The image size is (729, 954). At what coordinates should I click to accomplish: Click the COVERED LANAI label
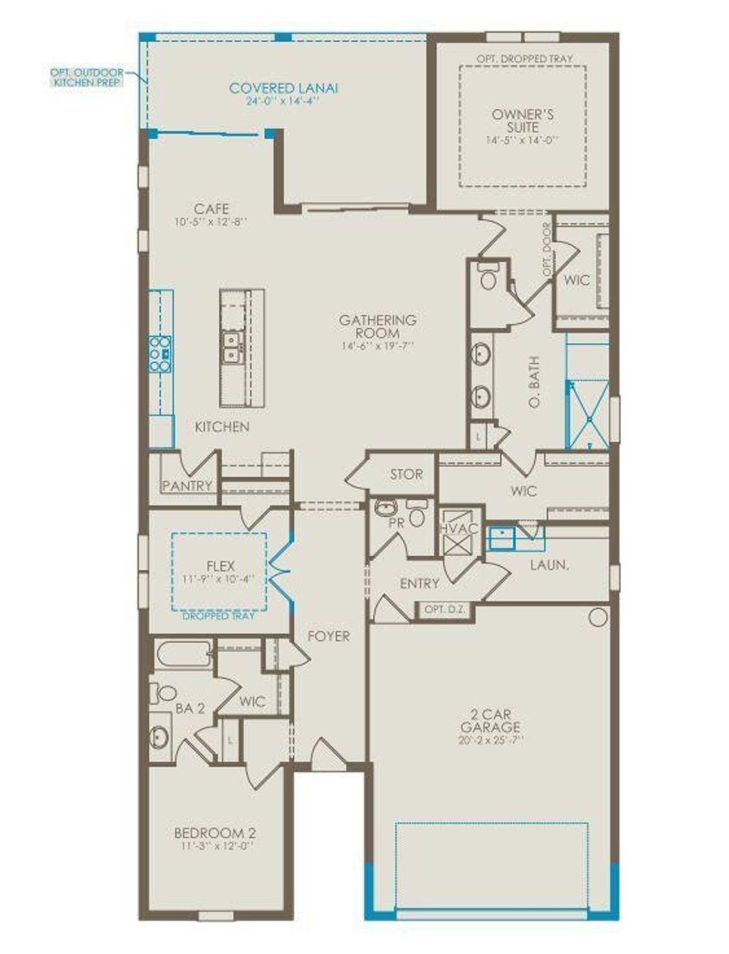tap(283, 88)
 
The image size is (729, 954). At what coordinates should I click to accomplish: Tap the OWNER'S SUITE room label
tap(523, 120)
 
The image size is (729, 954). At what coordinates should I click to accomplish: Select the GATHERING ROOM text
tap(377, 327)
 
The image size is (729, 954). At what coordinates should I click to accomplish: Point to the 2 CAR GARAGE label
tap(490, 720)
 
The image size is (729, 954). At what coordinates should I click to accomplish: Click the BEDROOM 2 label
tap(215, 833)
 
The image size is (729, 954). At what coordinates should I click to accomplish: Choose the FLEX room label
tap(220, 566)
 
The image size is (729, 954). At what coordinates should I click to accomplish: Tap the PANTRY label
tap(187, 486)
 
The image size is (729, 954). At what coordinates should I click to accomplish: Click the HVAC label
tap(453, 528)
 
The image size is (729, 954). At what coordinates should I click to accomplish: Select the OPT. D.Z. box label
tap(444, 610)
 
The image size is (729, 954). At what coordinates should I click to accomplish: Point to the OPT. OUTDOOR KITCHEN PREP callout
tap(87, 77)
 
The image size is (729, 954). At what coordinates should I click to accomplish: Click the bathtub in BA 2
tap(183, 654)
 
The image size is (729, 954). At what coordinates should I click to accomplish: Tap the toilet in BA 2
tap(164, 692)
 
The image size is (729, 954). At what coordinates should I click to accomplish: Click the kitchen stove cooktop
tap(159, 354)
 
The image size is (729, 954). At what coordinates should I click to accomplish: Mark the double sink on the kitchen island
tap(231, 347)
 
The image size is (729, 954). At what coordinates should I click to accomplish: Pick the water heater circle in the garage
tap(598, 617)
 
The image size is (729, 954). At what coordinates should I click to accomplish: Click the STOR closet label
tap(406, 474)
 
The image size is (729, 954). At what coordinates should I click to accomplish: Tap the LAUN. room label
tap(549, 565)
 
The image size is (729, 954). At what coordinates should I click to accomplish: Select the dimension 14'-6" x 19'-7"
tap(377, 346)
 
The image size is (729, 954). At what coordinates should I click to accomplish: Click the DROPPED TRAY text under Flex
tap(219, 616)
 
